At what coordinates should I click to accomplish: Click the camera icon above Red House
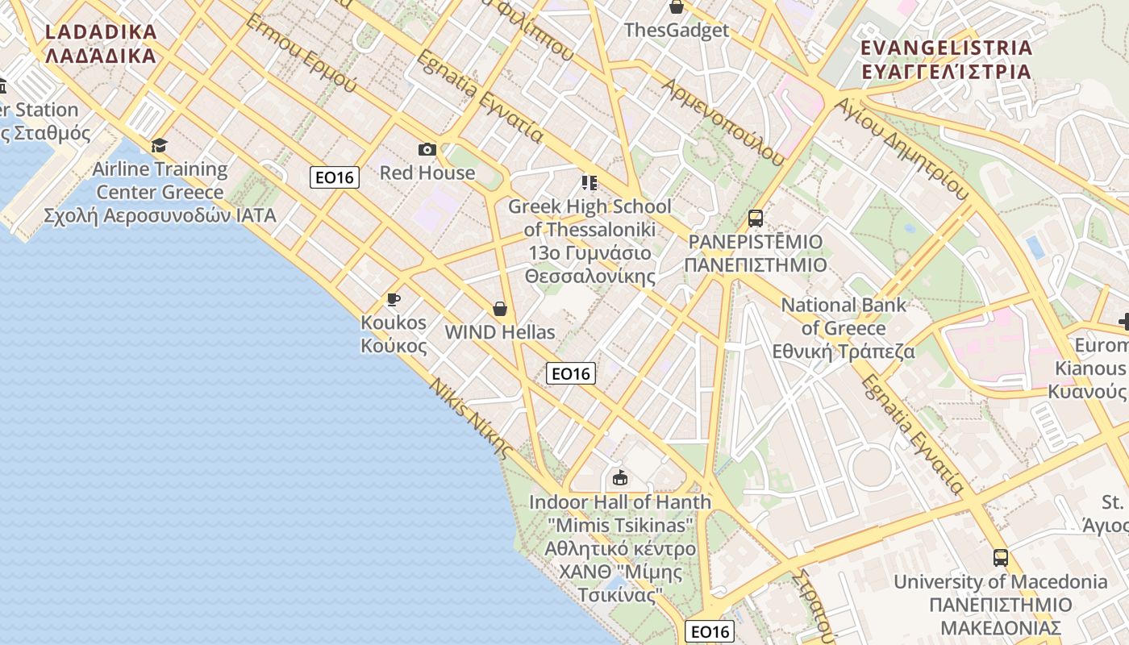[427, 149]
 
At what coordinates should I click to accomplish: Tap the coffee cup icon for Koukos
[394, 300]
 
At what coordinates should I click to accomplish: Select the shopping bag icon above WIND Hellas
[500, 309]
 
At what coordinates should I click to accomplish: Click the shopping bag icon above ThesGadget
[676, 7]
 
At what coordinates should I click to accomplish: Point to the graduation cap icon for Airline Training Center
[160, 145]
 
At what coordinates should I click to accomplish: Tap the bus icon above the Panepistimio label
[756, 218]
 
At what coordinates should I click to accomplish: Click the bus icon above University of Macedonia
[1000, 557]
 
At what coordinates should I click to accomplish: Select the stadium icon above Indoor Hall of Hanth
[619, 478]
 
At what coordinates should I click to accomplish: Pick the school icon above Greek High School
[589, 183]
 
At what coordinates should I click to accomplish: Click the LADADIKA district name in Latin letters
[101, 32]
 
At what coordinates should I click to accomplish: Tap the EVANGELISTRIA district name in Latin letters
[946, 48]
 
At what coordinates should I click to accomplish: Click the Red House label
[427, 173]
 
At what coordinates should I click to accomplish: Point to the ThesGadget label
[677, 31]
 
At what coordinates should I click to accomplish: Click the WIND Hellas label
[500, 332]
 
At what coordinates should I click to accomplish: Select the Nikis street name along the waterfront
[472, 418]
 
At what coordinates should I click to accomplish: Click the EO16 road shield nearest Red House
[334, 177]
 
